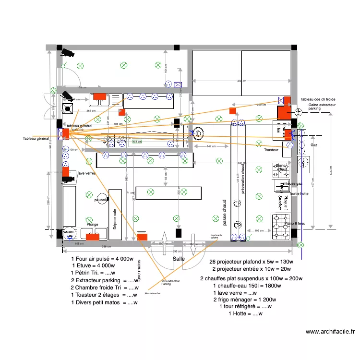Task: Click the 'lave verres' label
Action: [x=86, y=173]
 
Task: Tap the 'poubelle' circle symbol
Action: [x=101, y=200]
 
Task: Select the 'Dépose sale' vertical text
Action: [x=115, y=218]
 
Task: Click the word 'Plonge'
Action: [x=93, y=224]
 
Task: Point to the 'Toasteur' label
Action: [x=271, y=150]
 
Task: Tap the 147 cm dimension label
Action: [x=211, y=146]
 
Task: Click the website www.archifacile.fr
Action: [x=330, y=331]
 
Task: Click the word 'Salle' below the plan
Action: [x=179, y=259]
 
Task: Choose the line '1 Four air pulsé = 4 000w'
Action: [x=102, y=259]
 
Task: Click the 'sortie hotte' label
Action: [x=300, y=194]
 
